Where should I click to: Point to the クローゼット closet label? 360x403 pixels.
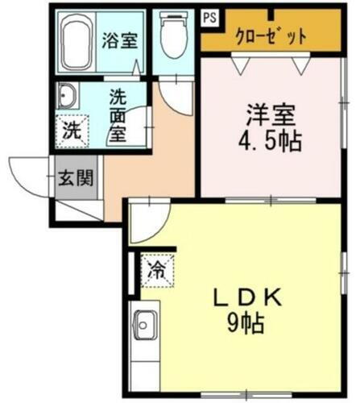click(271, 35)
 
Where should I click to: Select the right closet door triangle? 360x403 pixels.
click(301, 64)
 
